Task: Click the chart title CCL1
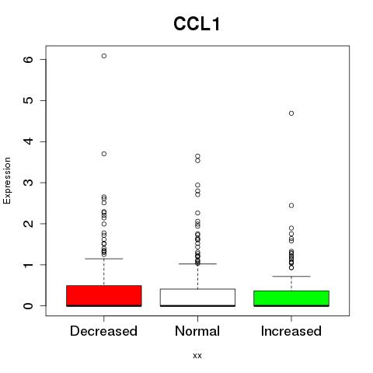click(x=197, y=24)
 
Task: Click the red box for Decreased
click(x=104, y=296)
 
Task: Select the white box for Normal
click(x=197, y=298)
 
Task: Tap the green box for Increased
click(x=291, y=298)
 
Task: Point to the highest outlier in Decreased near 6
click(x=104, y=56)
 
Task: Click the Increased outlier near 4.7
click(x=291, y=113)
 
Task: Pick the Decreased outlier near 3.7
click(x=104, y=154)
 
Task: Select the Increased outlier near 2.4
click(x=291, y=205)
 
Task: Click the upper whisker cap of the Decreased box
click(x=104, y=259)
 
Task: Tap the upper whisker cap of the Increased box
click(x=291, y=277)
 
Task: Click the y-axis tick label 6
click(x=29, y=60)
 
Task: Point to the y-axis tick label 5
click(x=29, y=100)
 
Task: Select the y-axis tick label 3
click(x=29, y=183)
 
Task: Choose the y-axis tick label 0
click(x=29, y=306)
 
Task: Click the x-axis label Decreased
click(x=103, y=331)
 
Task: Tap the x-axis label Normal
click(x=197, y=331)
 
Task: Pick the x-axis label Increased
click(x=291, y=331)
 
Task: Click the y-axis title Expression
click(x=7, y=180)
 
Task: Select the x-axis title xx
click(x=197, y=356)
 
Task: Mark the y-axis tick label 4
click(x=29, y=141)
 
